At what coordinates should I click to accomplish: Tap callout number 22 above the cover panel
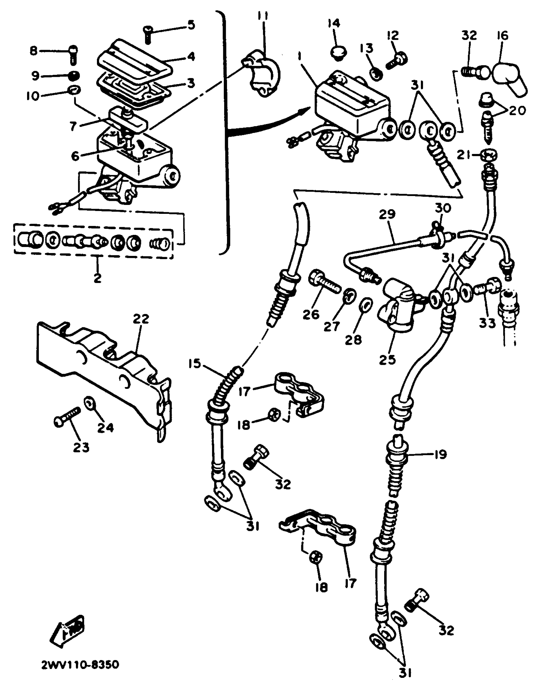tap(141, 318)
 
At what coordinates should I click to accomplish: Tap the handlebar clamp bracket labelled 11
tap(260, 73)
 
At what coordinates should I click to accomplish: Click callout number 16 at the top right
tap(502, 35)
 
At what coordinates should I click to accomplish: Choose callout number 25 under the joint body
tap(387, 359)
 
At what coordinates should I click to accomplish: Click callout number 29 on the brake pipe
tap(387, 214)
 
